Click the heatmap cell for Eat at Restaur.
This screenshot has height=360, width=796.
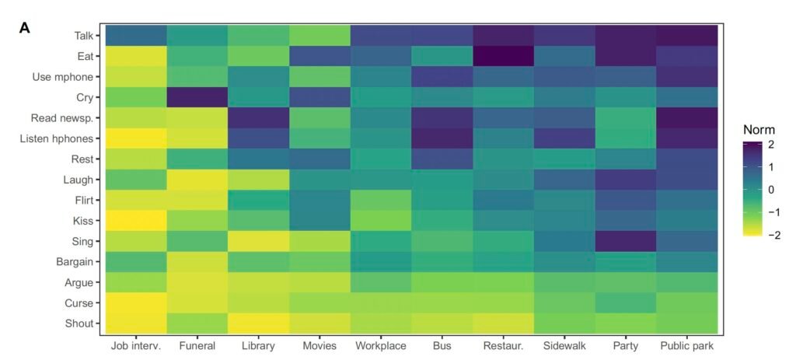click(x=504, y=56)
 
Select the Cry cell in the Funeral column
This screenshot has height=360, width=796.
click(x=197, y=97)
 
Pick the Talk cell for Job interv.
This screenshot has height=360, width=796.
click(x=136, y=36)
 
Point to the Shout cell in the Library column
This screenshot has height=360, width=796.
click(x=259, y=323)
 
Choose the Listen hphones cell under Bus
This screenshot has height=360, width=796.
click(x=443, y=138)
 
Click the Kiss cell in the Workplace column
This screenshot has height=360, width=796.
click(x=382, y=220)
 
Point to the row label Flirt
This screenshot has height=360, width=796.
click(x=82, y=200)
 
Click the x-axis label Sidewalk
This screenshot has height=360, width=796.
click(x=566, y=345)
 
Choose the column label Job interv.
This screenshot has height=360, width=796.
click(x=136, y=345)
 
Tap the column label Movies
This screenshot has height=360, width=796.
click(x=320, y=345)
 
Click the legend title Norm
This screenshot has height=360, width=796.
click(x=759, y=130)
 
